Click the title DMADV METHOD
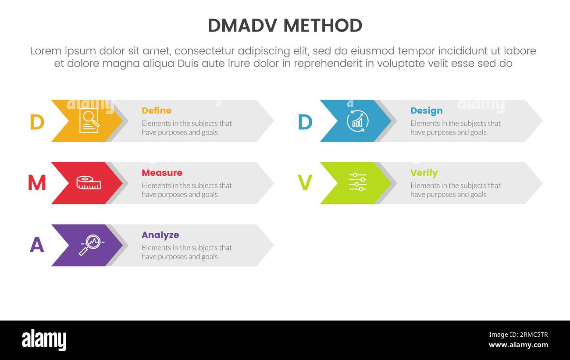(285, 26)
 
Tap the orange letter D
(37, 122)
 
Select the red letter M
(37, 183)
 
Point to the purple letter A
(37, 245)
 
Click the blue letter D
(305, 122)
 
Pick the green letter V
(305, 183)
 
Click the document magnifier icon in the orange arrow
(89, 121)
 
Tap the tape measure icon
(89, 183)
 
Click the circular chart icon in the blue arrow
(357, 121)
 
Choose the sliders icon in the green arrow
(357, 182)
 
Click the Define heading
(156, 110)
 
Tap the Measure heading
(162, 173)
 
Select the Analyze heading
(160, 235)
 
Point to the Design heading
(426, 110)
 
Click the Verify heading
(424, 173)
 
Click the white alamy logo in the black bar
(44, 340)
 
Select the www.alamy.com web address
(518, 345)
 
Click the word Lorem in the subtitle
(46, 51)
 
